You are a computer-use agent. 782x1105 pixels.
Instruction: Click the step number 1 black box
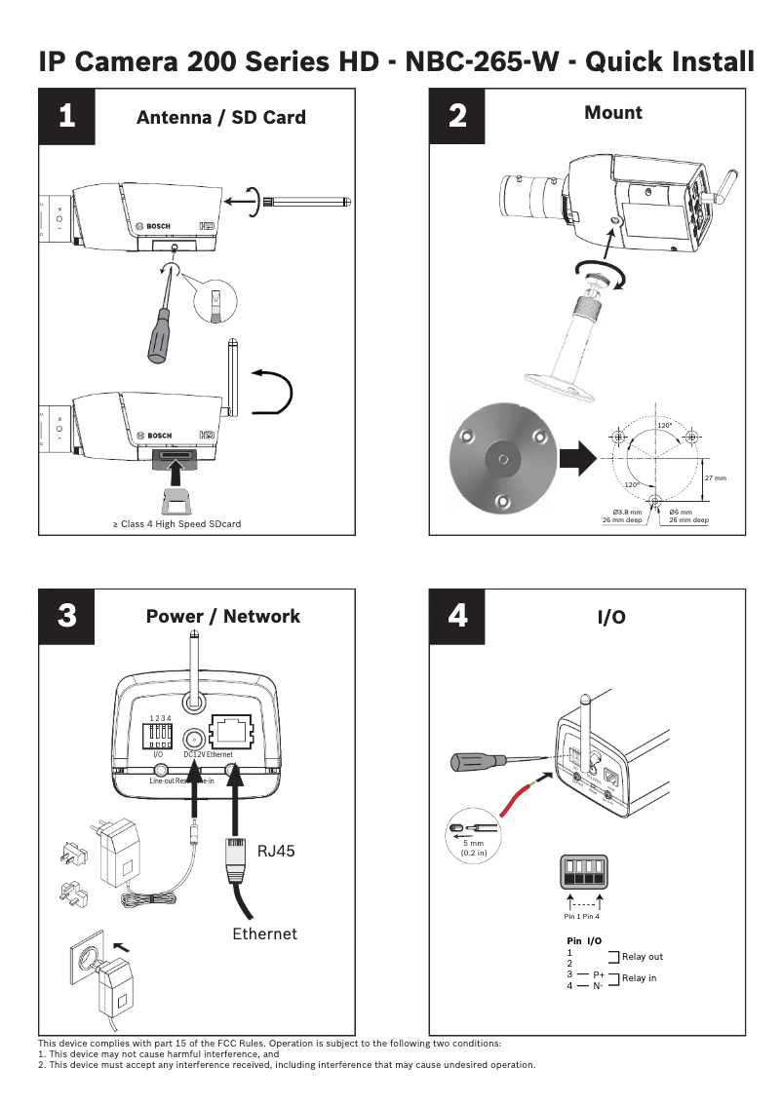pos(66,116)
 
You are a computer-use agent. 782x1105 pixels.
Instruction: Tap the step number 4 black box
pos(457,616)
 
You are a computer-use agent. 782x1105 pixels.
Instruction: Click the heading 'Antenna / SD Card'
pos(221,118)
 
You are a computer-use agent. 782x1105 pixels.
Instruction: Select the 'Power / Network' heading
pos(222,616)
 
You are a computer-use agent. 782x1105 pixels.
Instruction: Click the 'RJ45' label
pos(276,851)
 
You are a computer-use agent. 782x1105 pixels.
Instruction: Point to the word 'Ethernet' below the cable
pos(264,934)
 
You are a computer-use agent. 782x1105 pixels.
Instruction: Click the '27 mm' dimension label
pos(715,477)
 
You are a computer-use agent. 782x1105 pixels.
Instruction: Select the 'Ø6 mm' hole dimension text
pos(681,512)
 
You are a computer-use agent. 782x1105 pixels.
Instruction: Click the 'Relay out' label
pos(642,957)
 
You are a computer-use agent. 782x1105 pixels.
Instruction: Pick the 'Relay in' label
pos(639,978)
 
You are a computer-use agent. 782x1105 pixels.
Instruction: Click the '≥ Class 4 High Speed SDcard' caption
pos(176,524)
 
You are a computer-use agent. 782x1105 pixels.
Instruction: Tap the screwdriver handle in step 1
pos(155,337)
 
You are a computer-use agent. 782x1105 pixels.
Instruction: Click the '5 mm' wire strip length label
pos(474,843)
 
